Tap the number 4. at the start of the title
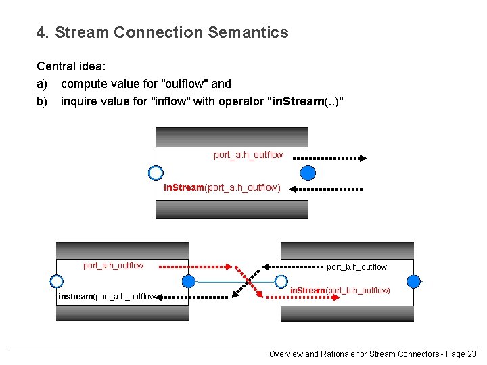43,32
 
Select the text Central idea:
70,66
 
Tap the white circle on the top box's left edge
156,172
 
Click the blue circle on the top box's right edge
308,172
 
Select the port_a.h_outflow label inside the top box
248,155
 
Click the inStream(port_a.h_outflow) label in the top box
222,187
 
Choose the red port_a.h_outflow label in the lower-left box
113,266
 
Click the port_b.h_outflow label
357,267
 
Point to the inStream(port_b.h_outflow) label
340,291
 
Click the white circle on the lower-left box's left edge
56,281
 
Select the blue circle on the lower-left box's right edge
189,281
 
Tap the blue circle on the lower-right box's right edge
413,281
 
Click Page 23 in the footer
462,354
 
